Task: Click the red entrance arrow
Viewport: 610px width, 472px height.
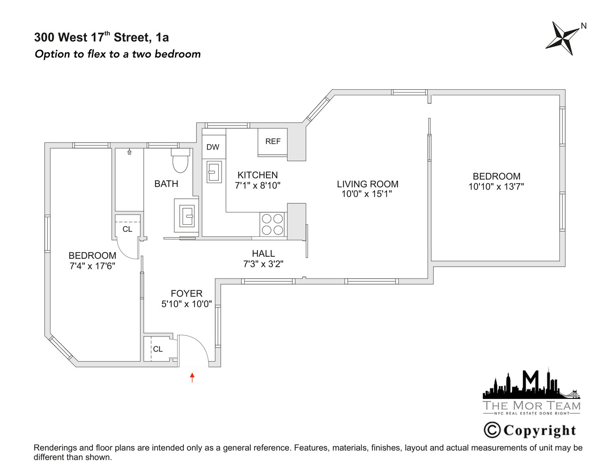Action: tap(192, 377)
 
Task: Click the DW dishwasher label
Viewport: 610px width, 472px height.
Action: tap(213, 147)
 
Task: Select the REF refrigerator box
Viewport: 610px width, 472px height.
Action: tap(272, 142)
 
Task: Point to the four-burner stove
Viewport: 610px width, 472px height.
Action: tap(272, 224)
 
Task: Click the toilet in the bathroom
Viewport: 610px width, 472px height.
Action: tap(180, 160)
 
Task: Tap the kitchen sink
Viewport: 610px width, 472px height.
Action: tap(214, 172)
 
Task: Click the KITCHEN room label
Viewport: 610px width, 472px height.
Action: tap(257, 175)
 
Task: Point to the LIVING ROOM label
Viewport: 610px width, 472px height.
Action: tap(367, 184)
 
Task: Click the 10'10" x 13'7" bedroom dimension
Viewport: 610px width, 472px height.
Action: tap(496, 187)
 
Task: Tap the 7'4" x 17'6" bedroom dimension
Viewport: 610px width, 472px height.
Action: tap(92, 266)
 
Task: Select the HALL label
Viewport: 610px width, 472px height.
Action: tap(263, 253)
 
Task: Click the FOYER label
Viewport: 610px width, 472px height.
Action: tap(187, 294)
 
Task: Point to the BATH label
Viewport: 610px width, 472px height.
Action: tap(166, 184)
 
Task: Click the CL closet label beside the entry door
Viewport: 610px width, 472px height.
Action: tap(158, 349)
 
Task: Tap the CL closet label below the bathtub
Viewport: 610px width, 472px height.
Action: tap(127, 229)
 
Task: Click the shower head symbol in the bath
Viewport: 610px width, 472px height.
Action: tap(129, 152)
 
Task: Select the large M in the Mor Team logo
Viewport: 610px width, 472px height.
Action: tap(531, 379)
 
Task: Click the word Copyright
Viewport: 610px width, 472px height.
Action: tap(540, 430)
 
